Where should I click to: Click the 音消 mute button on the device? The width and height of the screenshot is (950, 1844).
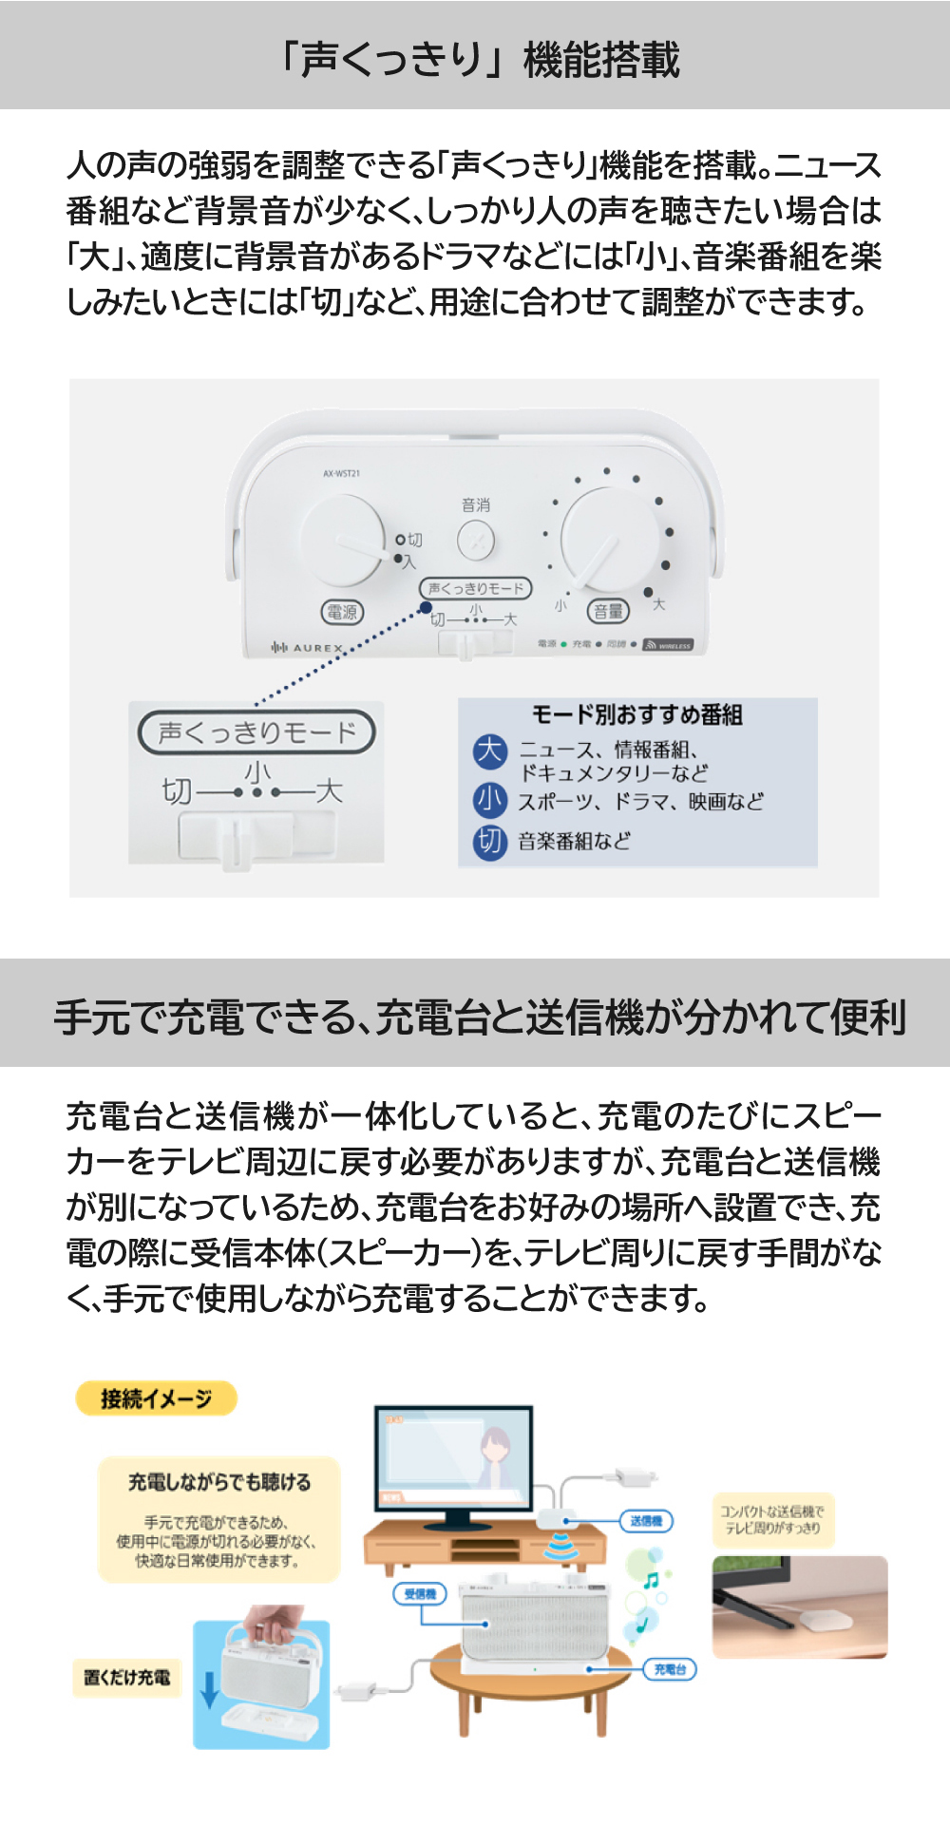(476, 542)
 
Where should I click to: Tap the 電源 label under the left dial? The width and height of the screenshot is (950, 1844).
(342, 612)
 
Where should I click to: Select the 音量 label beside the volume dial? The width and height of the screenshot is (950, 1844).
(608, 611)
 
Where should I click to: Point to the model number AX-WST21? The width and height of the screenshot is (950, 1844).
(341, 473)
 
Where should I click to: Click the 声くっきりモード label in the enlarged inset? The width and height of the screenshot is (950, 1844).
(256, 732)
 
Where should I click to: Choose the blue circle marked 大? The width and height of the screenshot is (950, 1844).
(490, 751)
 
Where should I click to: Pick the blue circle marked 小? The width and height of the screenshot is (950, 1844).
(490, 800)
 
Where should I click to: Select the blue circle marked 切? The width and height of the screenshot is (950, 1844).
(490, 841)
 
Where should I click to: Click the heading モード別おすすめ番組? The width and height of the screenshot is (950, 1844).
(637, 714)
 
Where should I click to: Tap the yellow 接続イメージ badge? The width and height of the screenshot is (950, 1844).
(156, 1398)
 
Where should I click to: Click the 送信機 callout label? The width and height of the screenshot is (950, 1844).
(646, 1521)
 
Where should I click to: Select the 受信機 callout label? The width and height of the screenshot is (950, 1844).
(420, 1593)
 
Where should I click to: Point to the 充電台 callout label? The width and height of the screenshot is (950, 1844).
(670, 1669)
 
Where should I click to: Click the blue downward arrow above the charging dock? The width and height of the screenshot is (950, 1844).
(210, 1687)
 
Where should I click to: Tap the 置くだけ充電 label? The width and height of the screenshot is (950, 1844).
(127, 1677)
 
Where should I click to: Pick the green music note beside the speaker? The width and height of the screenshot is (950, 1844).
(651, 1581)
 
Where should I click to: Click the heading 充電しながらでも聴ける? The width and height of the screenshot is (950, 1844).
(219, 1482)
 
